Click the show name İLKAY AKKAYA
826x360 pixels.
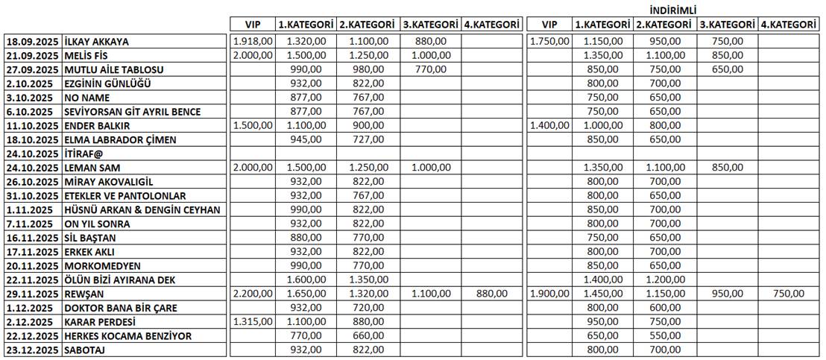point(97,42)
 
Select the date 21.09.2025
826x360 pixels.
point(32,56)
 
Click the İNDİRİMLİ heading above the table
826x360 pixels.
point(673,10)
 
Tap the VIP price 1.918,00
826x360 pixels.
point(253,42)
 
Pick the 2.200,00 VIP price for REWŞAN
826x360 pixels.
point(253,294)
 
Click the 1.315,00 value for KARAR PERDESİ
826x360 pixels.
point(253,322)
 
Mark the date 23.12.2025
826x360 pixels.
point(32,350)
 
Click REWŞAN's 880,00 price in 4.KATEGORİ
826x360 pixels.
point(491,294)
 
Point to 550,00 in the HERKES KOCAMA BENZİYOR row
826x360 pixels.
point(665,336)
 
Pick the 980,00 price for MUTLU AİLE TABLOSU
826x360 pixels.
point(367,69)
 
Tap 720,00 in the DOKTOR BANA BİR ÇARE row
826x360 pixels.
point(367,308)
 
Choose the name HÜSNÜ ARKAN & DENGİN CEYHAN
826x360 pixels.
point(142,209)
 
